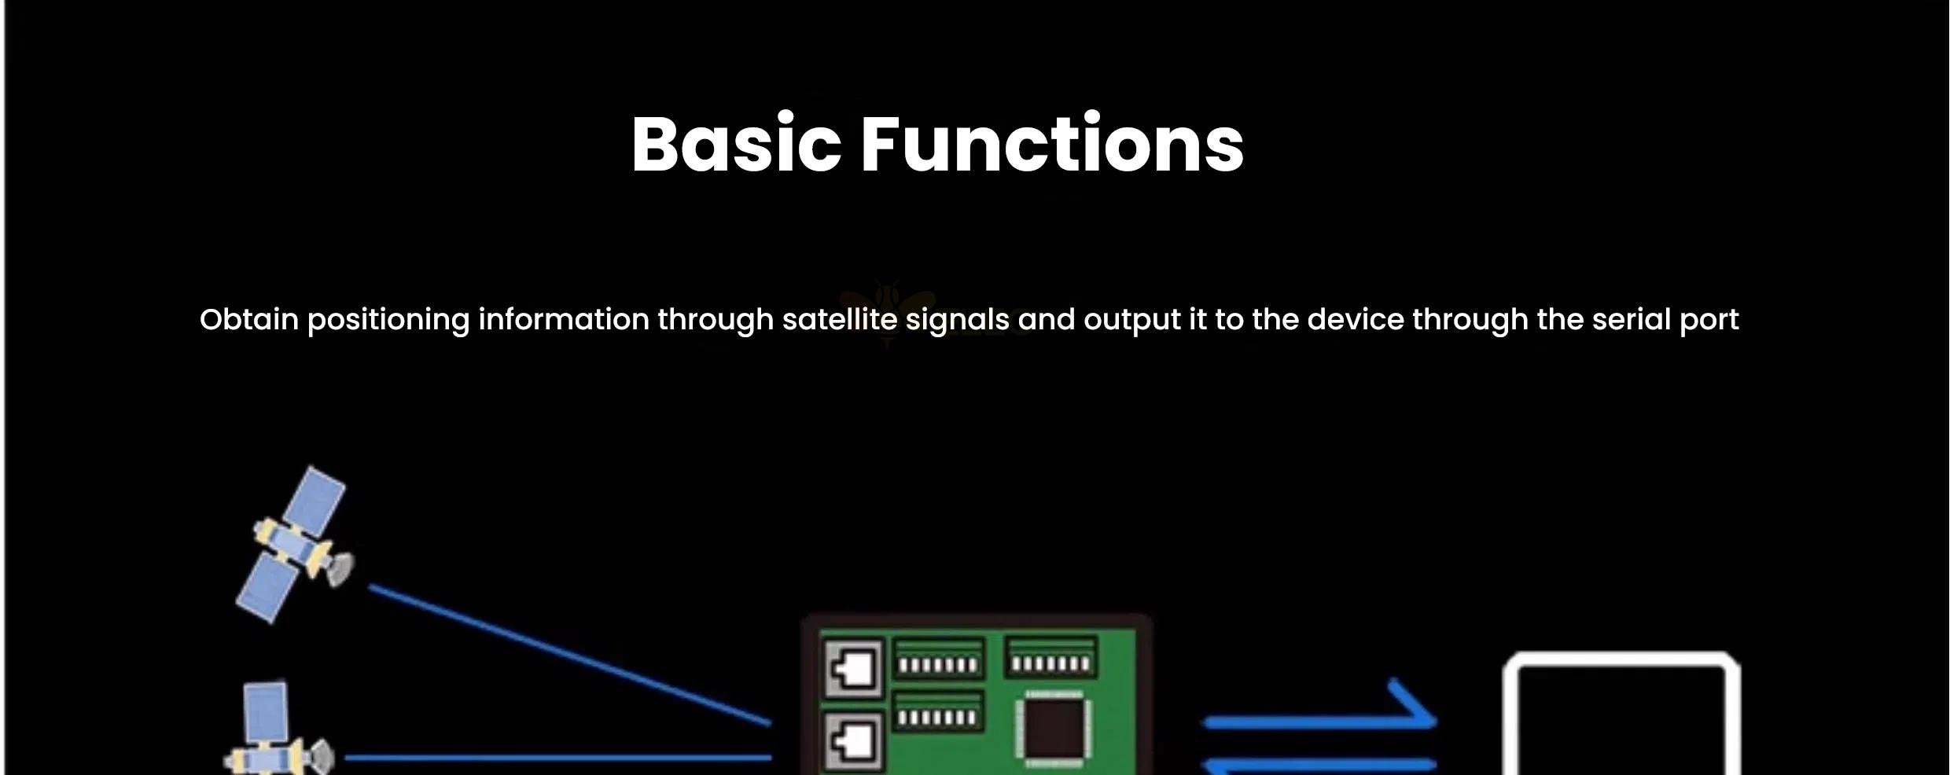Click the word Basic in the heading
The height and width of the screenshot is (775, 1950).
tap(736, 144)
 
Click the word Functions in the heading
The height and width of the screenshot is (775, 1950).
tap(1053, 144)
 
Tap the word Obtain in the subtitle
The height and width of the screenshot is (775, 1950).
tap(249, 320)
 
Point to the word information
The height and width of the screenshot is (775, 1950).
tap(564, 320)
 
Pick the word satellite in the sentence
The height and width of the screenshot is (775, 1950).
tap(840, 320)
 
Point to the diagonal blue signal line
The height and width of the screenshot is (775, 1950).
tap(570, 654)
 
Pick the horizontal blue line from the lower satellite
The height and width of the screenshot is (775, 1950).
tap(558, 758)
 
